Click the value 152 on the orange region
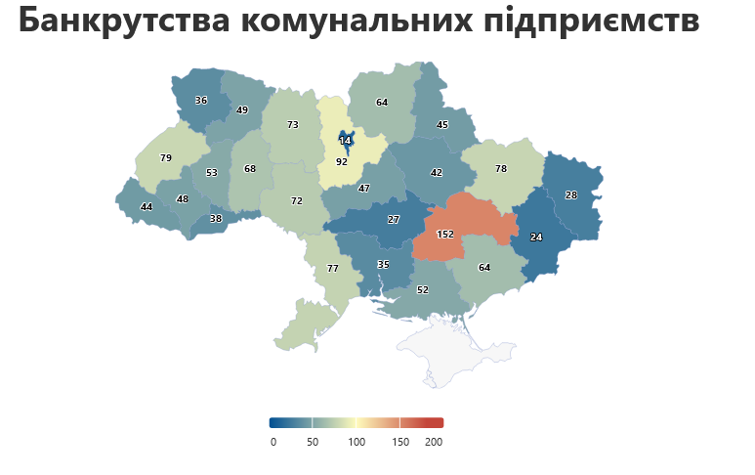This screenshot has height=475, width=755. click(x=444, y=235)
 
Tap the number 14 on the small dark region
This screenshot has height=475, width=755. click(x=345, y=141)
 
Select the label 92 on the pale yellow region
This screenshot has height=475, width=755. click(x=342, y=162)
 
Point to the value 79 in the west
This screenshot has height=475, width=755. click(x=166, y=158)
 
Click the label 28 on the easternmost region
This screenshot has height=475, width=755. click(x=571, y=195)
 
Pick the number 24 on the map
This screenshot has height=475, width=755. click(x=536, y=237)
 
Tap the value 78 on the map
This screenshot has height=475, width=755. click(x=501, y=169)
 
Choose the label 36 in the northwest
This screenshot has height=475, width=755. click(x=201, y=101)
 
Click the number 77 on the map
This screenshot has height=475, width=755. click(x=332, y=268)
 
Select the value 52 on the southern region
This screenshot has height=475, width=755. click(x=423, y=290)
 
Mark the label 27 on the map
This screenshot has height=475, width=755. click(x=394, y=220)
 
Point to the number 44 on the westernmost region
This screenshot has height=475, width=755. click(x=147, y=207)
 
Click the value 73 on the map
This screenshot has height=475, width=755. click(x=293, y=125)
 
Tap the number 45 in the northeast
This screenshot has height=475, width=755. click(x=442, y=125)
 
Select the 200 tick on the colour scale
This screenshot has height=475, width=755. click(x=434, y=443)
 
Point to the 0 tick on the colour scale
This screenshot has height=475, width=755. click(x=273, y=443)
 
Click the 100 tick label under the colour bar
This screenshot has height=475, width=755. click(x=357, y=443)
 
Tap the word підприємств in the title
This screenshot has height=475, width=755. click(x=592, y=22)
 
